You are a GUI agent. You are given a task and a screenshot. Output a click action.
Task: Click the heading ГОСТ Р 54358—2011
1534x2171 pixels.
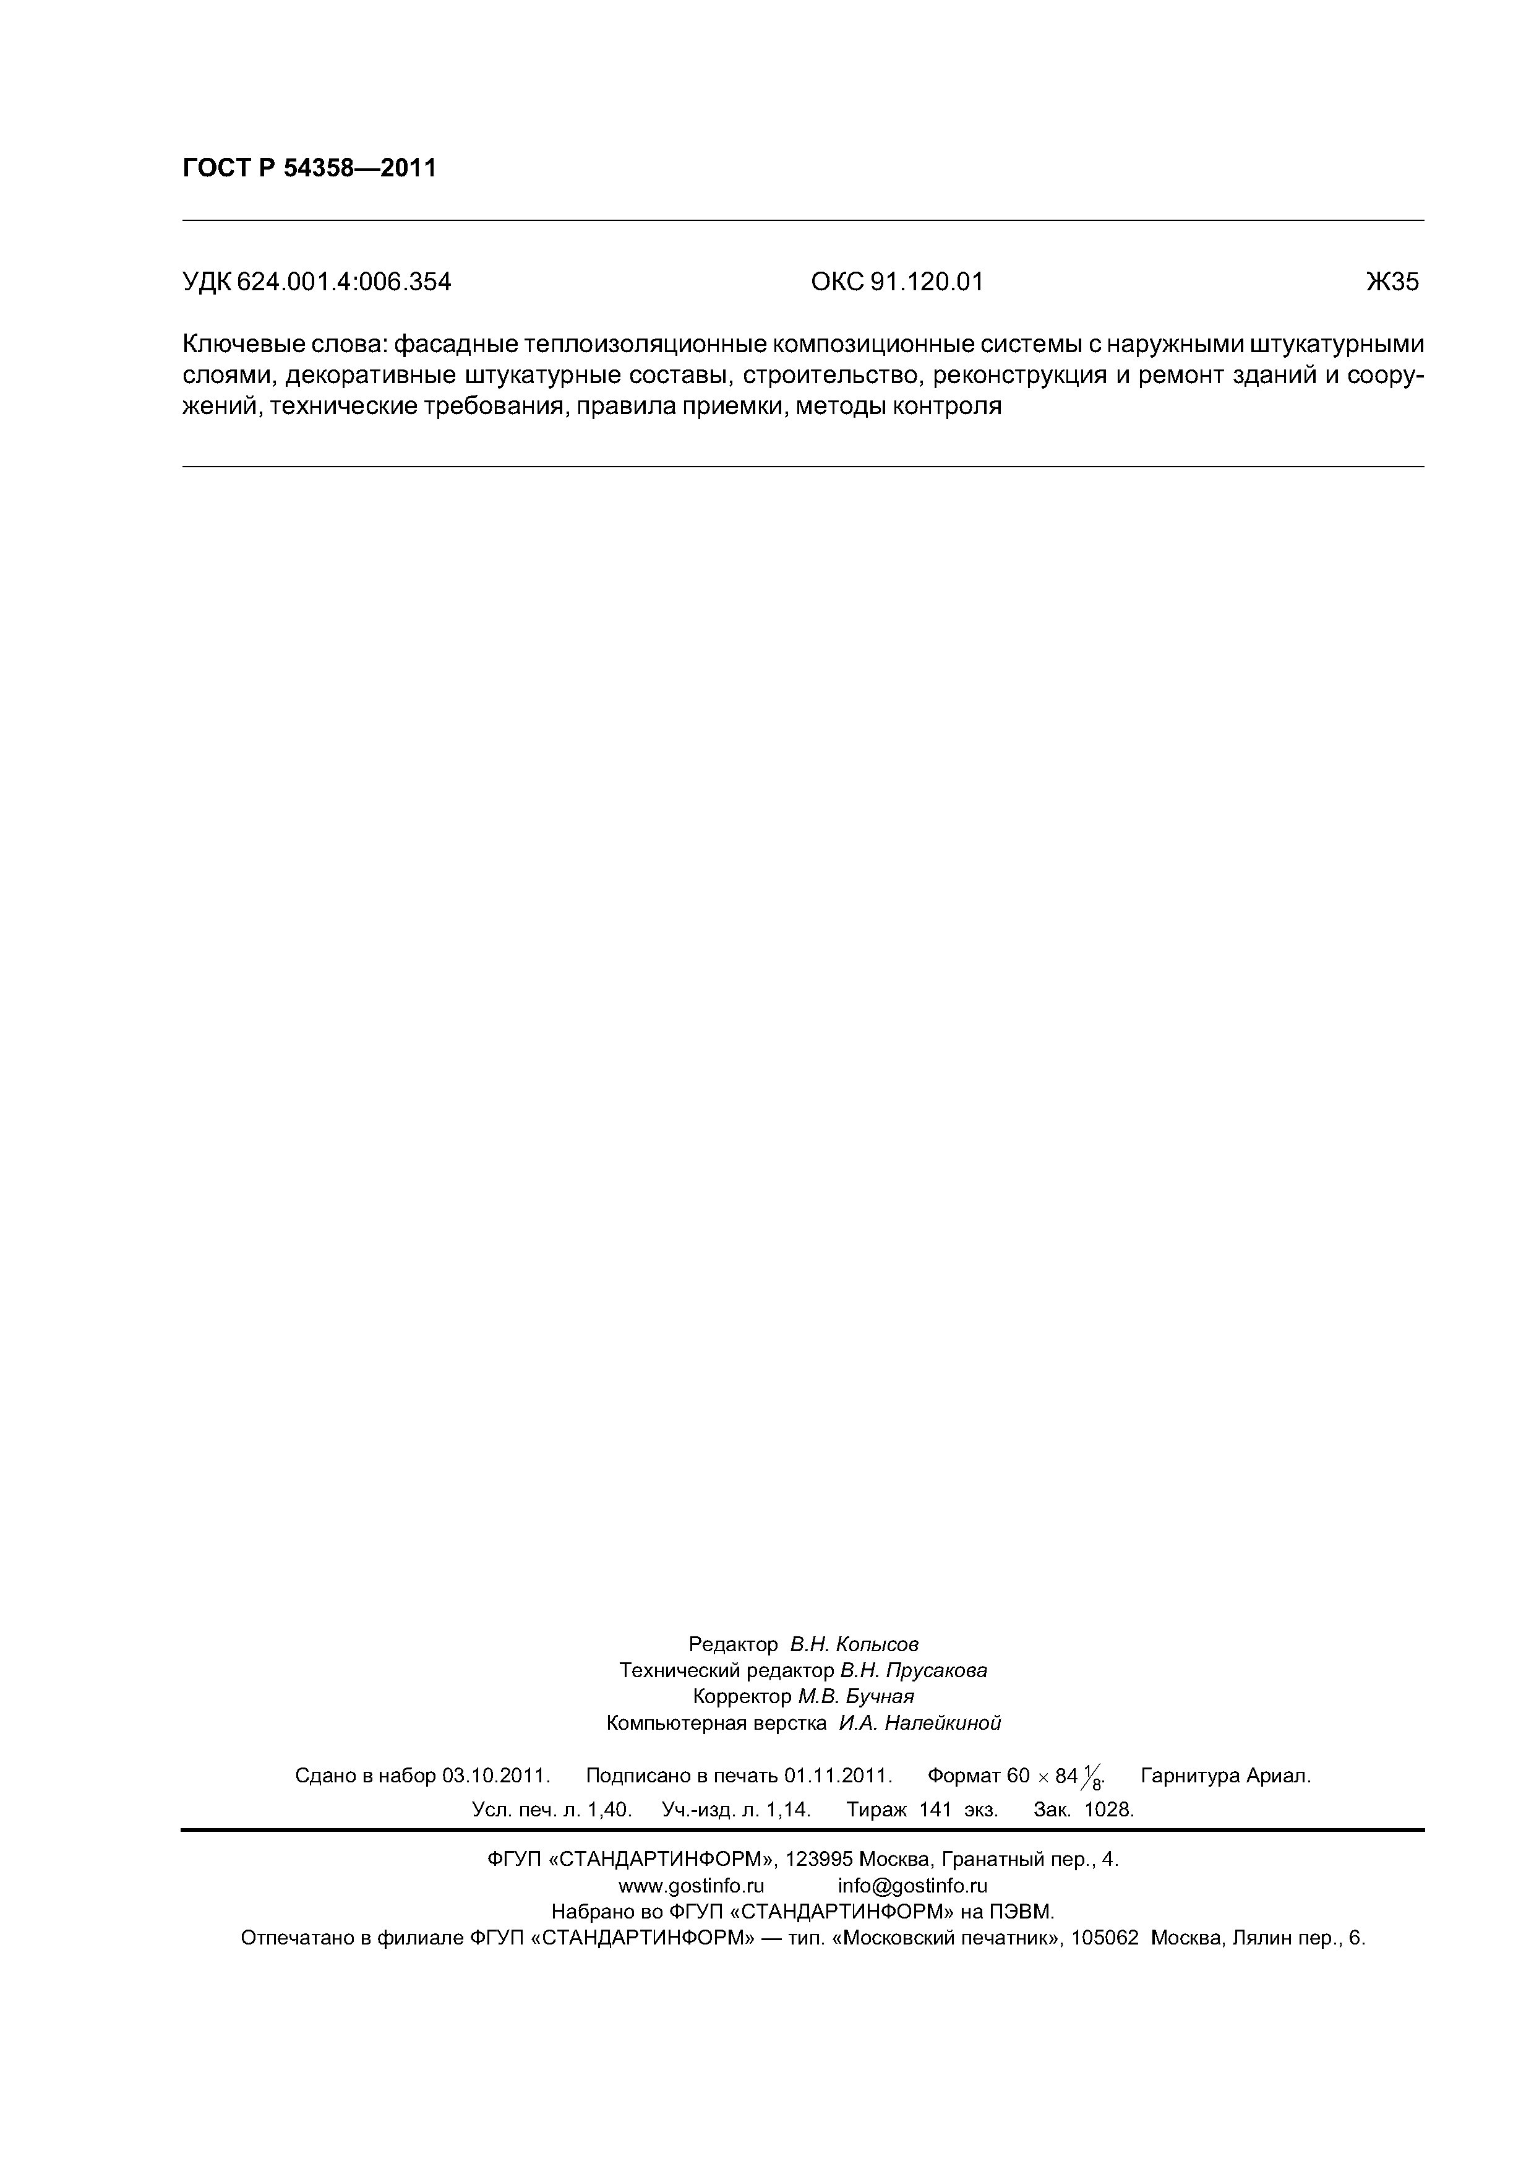tap(309, 168)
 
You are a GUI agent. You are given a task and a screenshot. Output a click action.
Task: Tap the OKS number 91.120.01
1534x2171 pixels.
tap(925, 282)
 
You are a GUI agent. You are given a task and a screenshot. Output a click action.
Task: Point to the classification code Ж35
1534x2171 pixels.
tap(1392, 282)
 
